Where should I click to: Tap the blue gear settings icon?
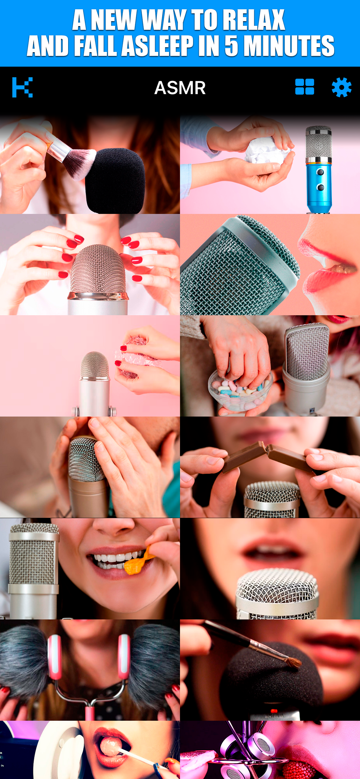(x=341, y=88)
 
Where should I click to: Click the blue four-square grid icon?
(x=305, y=87)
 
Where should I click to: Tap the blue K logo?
(x=22, y=88)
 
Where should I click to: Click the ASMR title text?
(x=180, y=88)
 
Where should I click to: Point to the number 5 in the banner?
(x=231, y=46)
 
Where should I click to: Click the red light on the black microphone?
(x=274, y=711)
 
